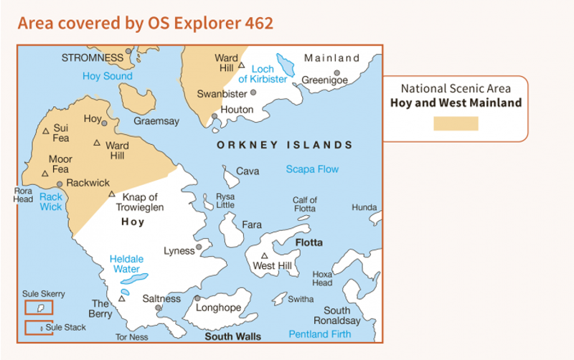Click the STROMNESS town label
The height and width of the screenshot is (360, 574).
[93, 57]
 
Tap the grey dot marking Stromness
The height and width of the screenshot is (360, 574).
[129, 52]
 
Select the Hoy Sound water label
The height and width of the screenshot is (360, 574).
[107, 76]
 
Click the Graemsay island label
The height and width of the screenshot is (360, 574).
[156, 121]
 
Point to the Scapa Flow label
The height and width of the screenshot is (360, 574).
[312, 169]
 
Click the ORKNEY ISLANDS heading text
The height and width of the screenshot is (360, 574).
[285, 145]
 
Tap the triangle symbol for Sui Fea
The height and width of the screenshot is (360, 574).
[46, 131]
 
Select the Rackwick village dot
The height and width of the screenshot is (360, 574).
[60, 184]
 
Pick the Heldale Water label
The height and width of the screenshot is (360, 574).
[126, 264]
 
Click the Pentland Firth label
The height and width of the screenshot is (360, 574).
[320, 334]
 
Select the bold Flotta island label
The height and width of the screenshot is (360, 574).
[309, 242]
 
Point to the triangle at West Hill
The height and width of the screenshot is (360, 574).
[264, 256]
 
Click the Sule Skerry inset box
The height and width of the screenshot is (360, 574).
[38, 308]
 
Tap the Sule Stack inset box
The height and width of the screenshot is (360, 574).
[38, 328]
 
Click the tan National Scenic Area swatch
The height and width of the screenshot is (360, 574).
[456, 123]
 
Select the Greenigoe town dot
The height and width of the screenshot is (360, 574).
[337, 72]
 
